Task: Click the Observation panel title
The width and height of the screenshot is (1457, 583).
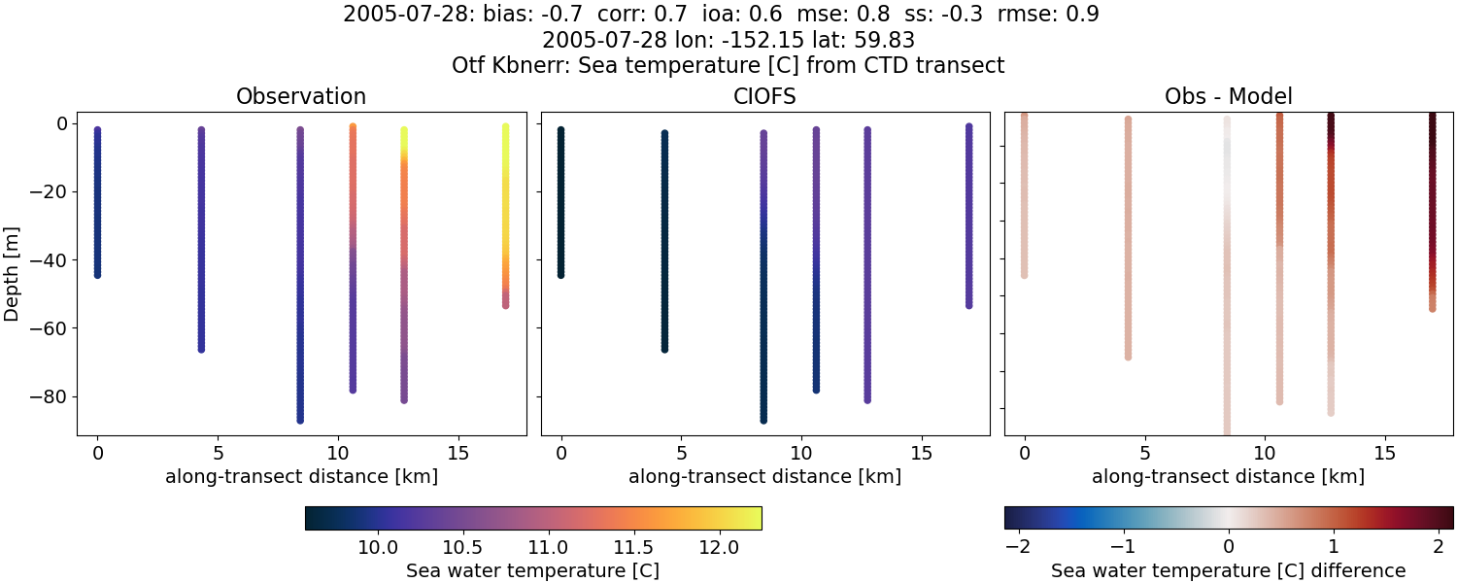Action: pos(301,96)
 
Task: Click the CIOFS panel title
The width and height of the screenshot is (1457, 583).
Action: pos(764,96)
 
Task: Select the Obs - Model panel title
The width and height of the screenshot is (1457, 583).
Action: pos(1228,96)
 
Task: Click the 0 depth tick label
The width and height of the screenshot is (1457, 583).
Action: pos(59,123)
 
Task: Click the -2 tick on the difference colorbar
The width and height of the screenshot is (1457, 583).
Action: pos(1017,548)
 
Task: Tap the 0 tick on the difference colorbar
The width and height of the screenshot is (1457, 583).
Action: pos(1229,548)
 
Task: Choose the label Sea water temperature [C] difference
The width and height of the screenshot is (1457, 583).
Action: pos(1228,570)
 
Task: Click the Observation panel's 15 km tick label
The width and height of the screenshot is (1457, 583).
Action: pos(457,454)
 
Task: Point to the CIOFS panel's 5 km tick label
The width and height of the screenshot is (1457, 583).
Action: pos(682,454)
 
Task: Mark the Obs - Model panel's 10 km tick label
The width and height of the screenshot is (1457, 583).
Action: pos(1265,454)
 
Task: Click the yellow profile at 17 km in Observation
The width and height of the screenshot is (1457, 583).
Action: pos(505,194)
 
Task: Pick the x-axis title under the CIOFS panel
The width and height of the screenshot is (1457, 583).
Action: pos(764,476)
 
